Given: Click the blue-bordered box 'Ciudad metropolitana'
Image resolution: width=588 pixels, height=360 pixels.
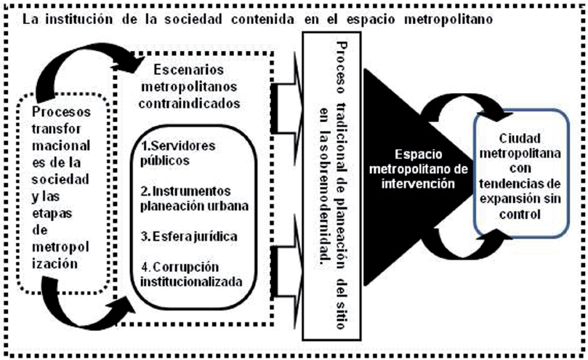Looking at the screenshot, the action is (521, 175).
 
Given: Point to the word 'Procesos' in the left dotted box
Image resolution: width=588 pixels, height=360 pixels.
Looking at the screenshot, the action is (61, 113).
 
